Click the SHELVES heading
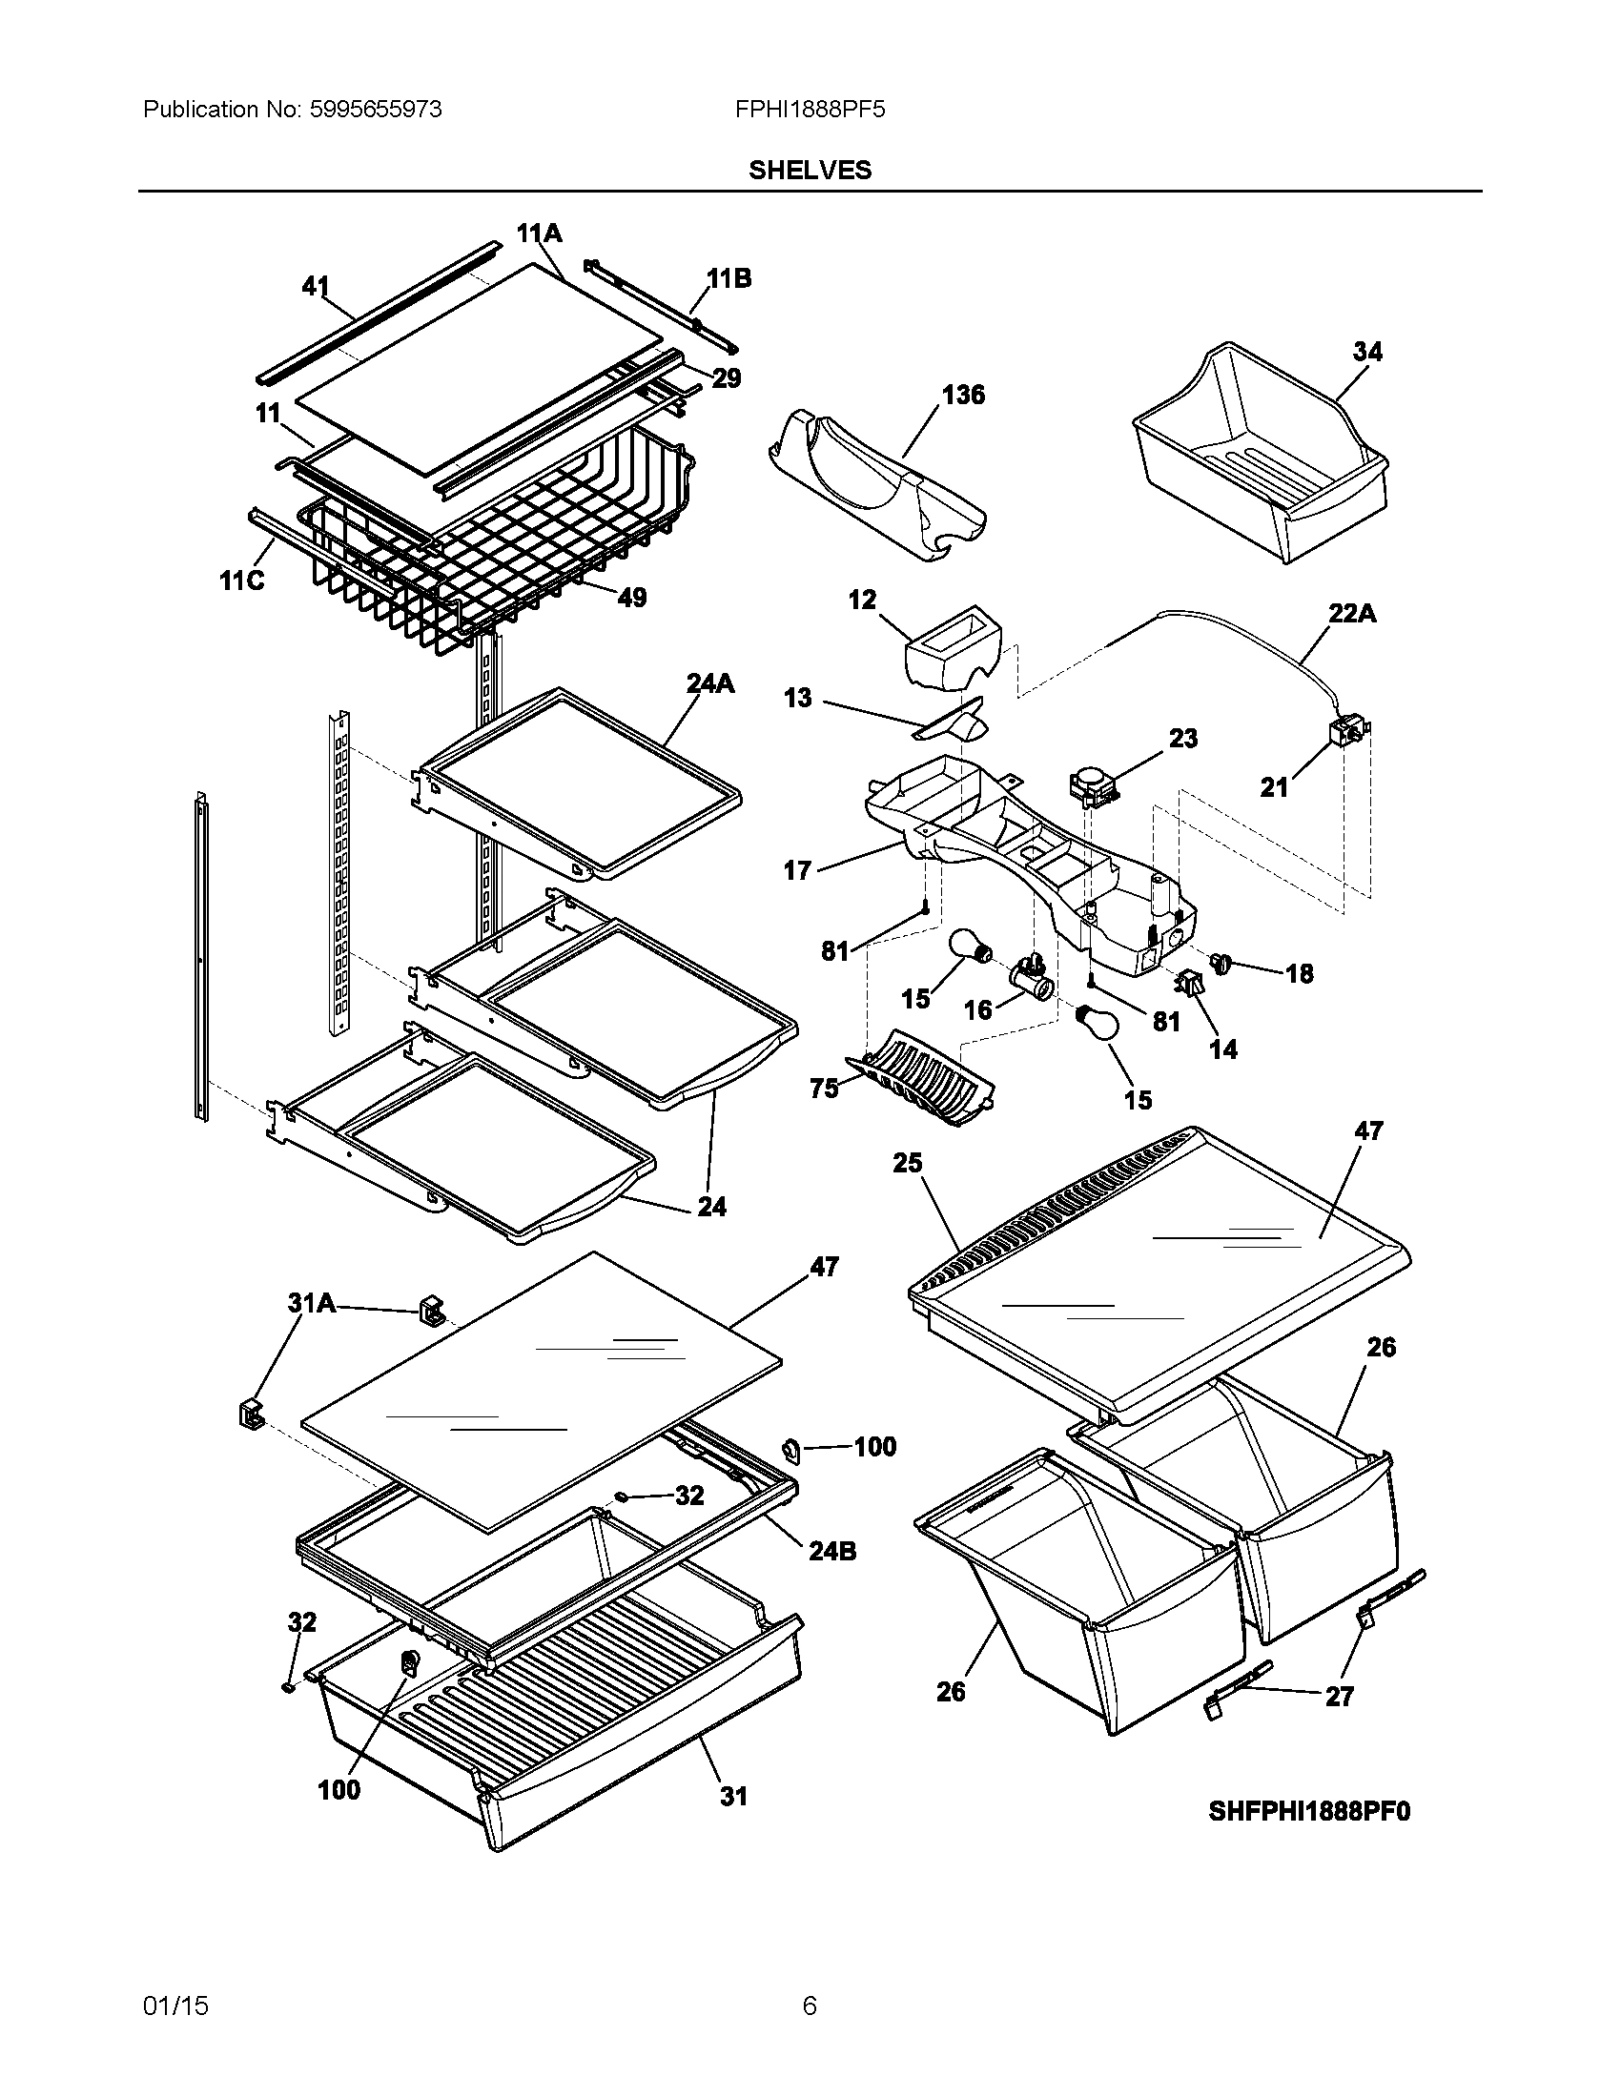coord(810,170)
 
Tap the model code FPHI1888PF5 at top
coord(810,110)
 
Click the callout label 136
coord(963,395)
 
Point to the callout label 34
coord(1367,352)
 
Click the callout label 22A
coord(1352,613)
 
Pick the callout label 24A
coord(710,682)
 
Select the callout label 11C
coord(242,580)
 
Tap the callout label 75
coord(824,1088)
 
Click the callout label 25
coord(907,1163)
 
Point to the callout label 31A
coord(312,1302)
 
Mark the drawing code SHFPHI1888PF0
coord(1310,1811)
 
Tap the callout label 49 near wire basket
coord(631,598)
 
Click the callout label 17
coord(797,870)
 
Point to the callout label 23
coord(1183,739)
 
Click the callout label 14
coord(1222,1049)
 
